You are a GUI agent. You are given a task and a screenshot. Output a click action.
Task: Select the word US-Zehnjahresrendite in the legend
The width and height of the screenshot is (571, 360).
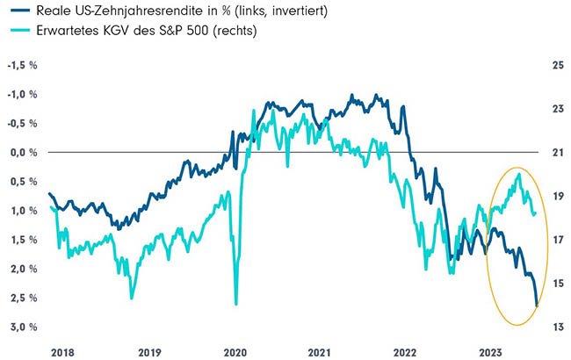click(123, 11)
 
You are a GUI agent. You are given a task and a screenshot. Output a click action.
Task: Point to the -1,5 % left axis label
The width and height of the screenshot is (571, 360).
click(22, 65)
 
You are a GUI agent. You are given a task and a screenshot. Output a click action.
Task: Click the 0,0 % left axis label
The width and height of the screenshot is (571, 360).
click(24, 152)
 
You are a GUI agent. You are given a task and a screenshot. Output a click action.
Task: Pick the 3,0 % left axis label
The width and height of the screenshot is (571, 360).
click(24, 327)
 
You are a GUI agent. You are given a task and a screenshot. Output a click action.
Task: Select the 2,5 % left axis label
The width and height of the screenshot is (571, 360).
click(24, 298)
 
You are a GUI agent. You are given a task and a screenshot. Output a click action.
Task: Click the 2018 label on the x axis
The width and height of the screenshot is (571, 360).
click(62, 351)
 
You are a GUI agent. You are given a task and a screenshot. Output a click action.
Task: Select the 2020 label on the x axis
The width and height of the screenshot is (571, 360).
click(234, 351)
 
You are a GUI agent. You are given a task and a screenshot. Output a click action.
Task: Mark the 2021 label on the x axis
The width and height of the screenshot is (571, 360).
click(320, 351)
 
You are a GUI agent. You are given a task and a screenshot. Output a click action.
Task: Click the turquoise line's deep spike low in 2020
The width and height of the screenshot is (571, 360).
click(235, 304)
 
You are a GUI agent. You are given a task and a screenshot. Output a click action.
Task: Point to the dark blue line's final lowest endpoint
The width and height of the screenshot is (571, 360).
click(537, 306)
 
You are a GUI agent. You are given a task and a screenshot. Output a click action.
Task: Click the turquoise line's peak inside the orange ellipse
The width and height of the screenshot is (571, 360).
click(519, 174)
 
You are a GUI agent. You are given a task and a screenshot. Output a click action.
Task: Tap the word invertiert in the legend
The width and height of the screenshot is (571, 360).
click(289, 11)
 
